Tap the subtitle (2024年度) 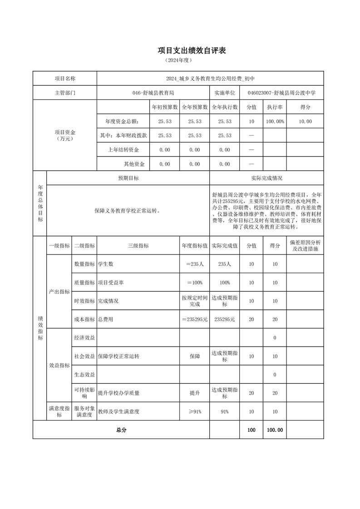(x=179, y=60)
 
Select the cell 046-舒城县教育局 (x=153, y=93)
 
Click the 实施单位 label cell (x=224, y=93)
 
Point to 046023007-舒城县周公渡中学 (x=281, y=93)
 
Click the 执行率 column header (x=275, y=107)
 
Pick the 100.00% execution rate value (x=275, y=122)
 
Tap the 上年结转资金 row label (x=123, y=150)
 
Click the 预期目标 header (x=128, y=178)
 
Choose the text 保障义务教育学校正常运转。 (x=128, y=210)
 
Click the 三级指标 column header (x=138, y=245)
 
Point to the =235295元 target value (x=194, y=319)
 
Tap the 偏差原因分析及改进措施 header (x=305, y=245)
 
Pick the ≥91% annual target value (x=194, y=411)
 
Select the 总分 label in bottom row (x=121, y=430)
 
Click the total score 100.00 (x=275, y=430)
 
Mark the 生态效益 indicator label (x=84, y=375)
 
